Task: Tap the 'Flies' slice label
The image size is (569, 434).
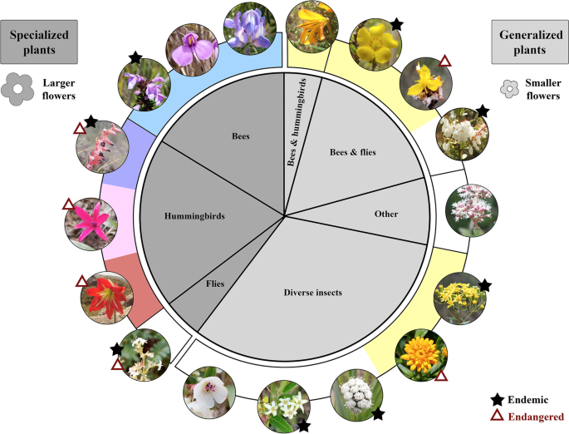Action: (x=215, y=284)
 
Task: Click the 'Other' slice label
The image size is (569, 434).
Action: (x=385, y=214)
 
